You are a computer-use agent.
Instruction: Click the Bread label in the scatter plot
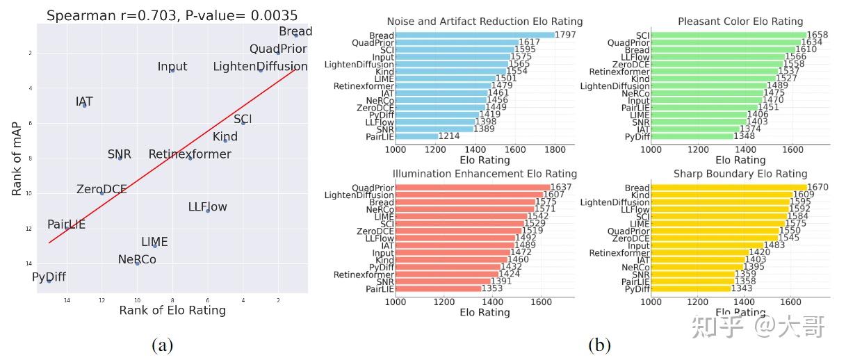coord(295,31)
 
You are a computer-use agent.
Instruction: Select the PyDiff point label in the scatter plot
coord(49,277)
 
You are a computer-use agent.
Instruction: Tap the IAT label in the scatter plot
coord(83,102)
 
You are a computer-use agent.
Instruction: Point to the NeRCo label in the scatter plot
coord(137,259)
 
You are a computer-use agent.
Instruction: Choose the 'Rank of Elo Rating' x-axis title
coord(172,310)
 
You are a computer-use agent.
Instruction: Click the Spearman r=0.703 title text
coord(172,15)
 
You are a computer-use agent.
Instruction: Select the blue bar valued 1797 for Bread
coord(475,35)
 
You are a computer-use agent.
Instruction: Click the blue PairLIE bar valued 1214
coord(417,136)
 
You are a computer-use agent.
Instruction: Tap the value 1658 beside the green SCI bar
coord(818,35)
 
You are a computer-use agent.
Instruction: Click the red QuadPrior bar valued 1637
coord(473,187)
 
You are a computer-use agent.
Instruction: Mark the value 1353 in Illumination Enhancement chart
coord(494,288)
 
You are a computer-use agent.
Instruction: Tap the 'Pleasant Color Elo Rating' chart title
coord(740,22)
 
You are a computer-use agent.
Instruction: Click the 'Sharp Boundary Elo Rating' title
coord(740,173)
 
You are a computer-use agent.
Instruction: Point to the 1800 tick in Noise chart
coord(555,149)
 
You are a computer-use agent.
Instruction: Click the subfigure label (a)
coord(162,345)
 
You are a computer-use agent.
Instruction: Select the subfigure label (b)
coord(599,345)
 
